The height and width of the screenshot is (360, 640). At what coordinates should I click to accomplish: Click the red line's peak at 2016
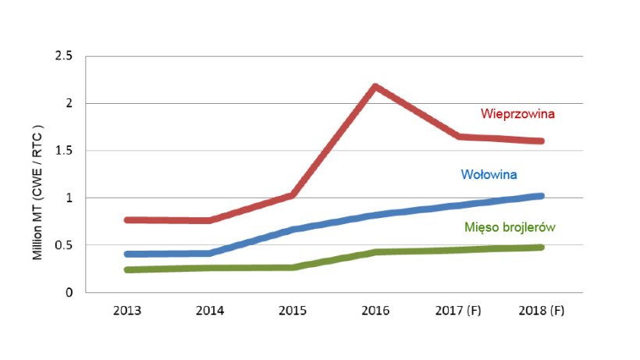tap(375, 87)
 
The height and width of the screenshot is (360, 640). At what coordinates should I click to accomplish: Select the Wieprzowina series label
tap(517, 114)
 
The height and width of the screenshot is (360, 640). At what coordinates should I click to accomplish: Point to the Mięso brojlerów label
tap(514, 227)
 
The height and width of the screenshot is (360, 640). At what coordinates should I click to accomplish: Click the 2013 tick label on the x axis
tap(127, 311)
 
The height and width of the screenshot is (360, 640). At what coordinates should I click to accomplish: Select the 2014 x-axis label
tap(210, 311)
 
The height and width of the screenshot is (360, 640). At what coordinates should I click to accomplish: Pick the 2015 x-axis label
tap(293, 311)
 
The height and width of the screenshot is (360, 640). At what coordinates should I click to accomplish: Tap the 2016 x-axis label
tap(375, 311)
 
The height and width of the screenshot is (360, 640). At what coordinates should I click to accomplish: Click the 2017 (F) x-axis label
tap(458, 311)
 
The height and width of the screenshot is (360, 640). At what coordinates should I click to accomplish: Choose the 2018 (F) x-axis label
tap(541, 311)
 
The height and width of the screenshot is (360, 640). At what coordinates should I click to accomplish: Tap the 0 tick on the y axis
tap(69, 293)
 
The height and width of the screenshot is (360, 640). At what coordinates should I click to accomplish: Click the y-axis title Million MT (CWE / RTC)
tap(36, 175)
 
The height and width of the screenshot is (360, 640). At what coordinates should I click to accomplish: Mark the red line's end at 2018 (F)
tap(541, 141)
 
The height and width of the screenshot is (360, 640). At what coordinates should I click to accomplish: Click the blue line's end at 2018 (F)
tap(541, 196)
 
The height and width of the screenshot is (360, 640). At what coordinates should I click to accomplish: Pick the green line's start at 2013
tap(127, 269)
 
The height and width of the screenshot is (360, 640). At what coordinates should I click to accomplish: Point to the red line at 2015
tap(293, 195)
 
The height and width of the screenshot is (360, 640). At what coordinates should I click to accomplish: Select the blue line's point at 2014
tap(210, 253)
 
